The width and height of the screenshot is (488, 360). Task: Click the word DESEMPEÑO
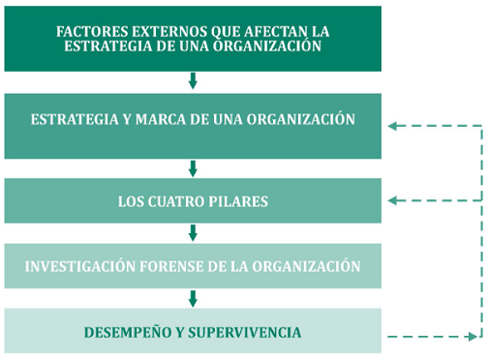(133, 333)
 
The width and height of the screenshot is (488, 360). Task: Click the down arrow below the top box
(193, 80)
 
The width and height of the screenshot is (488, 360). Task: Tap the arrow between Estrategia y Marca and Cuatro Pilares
(193, 167)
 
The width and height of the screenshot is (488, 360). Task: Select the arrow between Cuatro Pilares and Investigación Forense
(193, 232)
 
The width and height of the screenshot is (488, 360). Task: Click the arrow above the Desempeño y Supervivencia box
(193, 298)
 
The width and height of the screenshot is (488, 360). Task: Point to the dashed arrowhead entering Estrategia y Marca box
(392, 125)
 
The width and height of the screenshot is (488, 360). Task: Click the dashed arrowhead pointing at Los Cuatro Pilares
(392, 201)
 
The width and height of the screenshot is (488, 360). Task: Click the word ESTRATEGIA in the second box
(72, 120)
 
